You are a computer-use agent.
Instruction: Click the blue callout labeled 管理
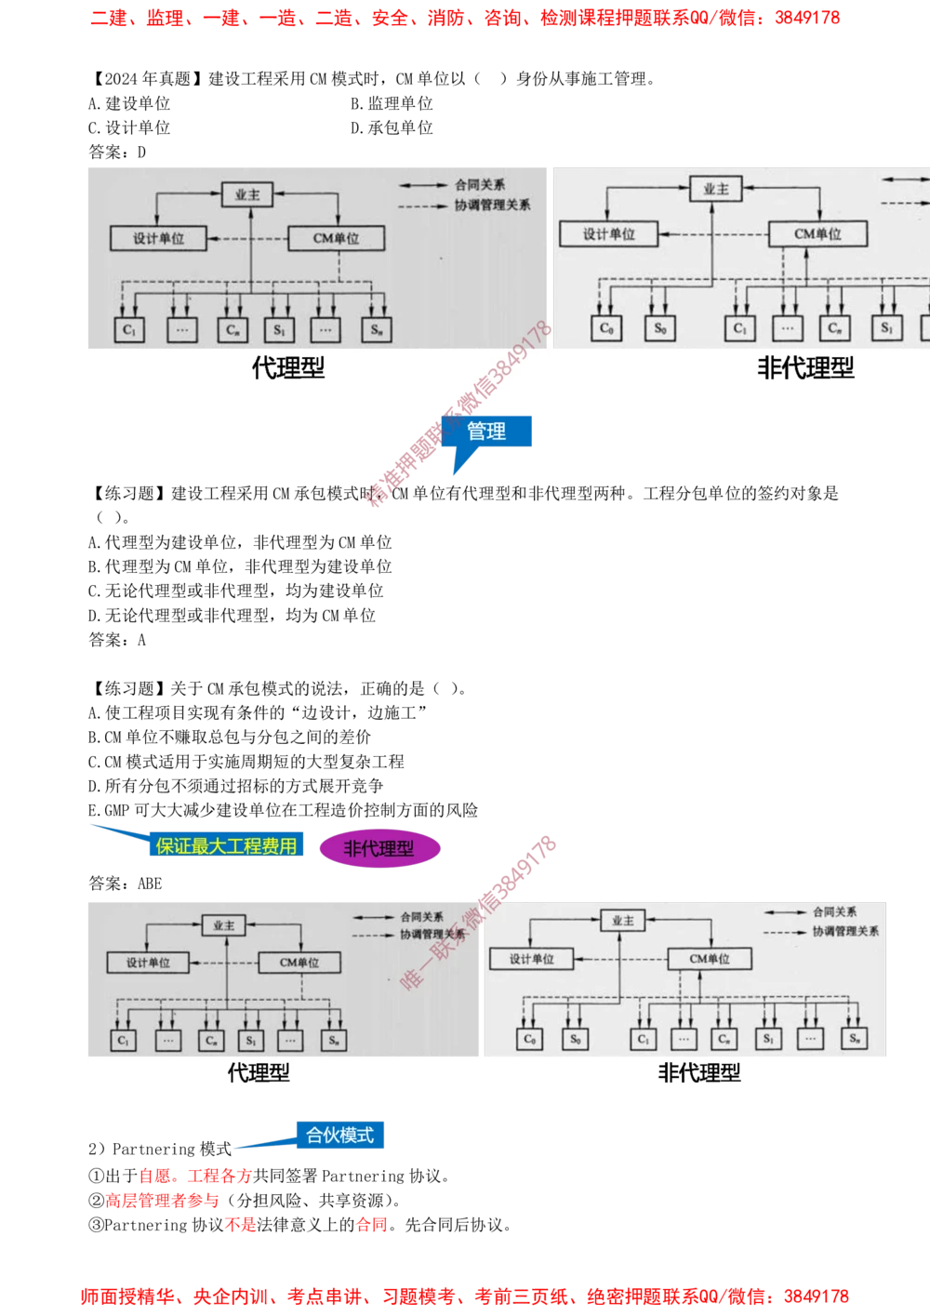(x=486, y=432)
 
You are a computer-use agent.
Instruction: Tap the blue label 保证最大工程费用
(x=226, y=845)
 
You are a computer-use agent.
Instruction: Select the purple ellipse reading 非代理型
(x=379, y=848)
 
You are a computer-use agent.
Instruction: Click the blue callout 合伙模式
(x=339, y=1136)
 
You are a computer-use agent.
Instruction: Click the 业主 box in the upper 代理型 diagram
(x=247, y=195)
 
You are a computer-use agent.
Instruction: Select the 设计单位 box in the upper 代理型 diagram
(x=158, y=238)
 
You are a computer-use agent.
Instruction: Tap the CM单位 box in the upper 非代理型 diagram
(x=817, y=233)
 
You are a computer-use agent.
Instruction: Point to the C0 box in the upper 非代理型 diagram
(x=607, y=328)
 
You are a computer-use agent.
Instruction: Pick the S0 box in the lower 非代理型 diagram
(x=575, y=1039)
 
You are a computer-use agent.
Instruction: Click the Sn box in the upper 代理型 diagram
(x=377, y=329)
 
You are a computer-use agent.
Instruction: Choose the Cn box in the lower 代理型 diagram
(x=212, y=1041)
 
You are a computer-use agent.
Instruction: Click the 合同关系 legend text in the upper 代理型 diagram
(x=480, y=185)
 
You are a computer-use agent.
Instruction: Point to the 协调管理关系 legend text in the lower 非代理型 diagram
(x=845, y=931)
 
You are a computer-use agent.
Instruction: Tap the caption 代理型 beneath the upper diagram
(x=288, y=368)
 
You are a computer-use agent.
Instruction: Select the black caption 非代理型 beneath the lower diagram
(x=699, y=1073)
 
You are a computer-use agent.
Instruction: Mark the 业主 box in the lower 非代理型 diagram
(x=622, y=921)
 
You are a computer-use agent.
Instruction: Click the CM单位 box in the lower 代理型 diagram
(x=299, y=963)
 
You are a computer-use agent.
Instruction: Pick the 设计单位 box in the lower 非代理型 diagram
(x=531, y=959)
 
